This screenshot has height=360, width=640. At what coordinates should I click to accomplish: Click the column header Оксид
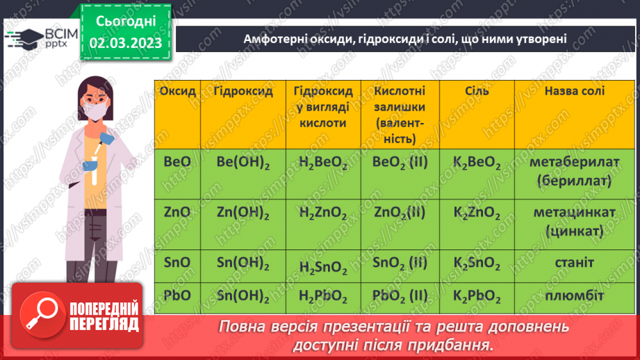pos(177,92)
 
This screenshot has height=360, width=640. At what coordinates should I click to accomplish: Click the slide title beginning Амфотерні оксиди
pos(405,40)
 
